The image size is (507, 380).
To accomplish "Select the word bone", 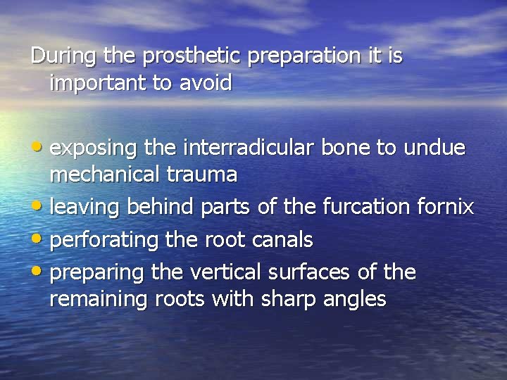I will (345, 148).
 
